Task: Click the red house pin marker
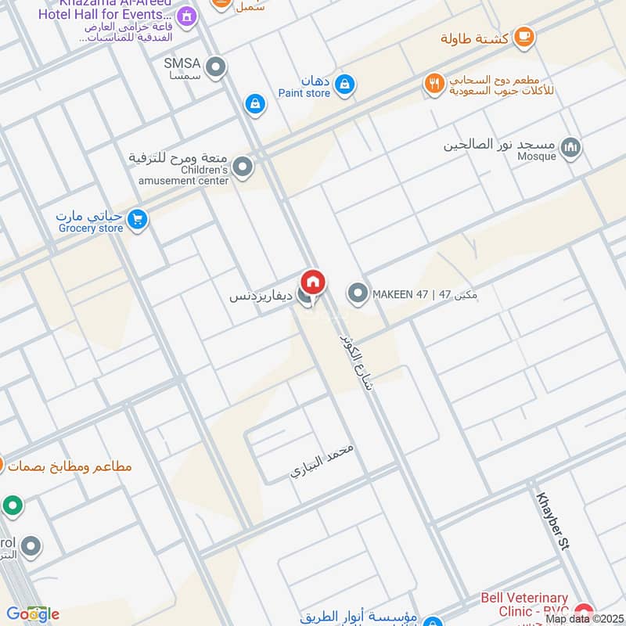tap(313, 282)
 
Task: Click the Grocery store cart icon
tap(138, 221)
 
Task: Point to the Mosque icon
tap(572, 147)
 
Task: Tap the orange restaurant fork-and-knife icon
tap(434, 83)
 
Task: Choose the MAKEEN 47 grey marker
tap(358, 294)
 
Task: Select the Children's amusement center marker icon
tap(243, 167)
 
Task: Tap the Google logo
tap(32, 614)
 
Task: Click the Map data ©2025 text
tap(582, 618)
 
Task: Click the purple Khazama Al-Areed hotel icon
tap(186, 15)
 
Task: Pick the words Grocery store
tap(91, 228)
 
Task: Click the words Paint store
tap(304, 94)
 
